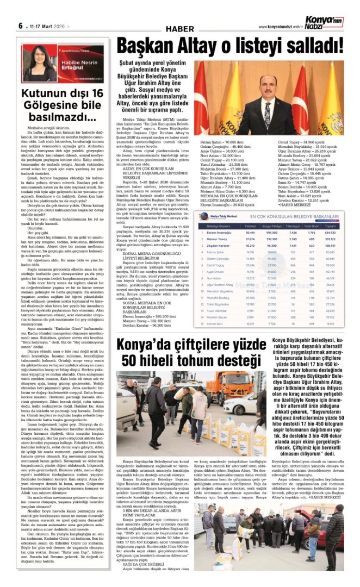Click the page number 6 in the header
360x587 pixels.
pos(20,26)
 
